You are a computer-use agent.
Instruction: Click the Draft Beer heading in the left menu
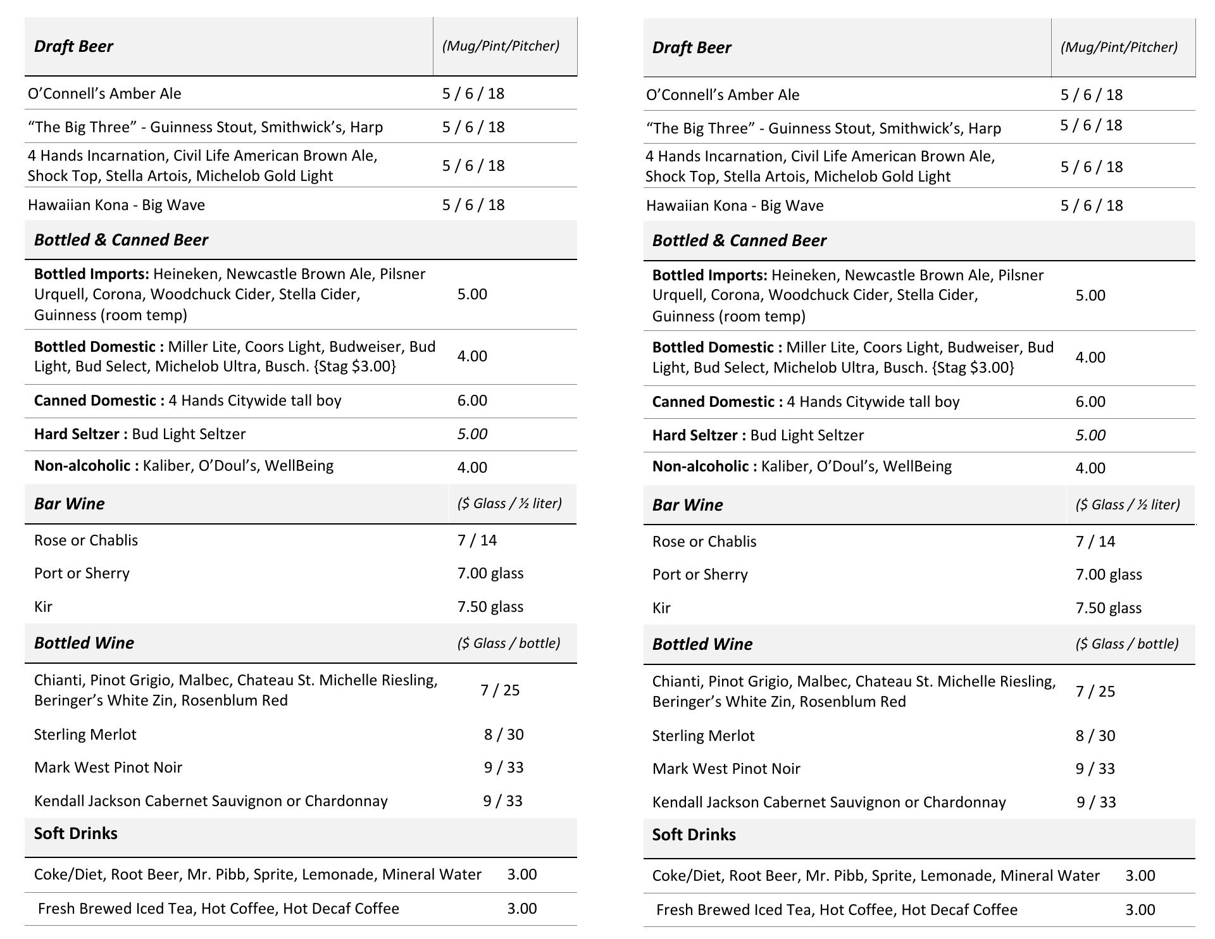pyautogui.click(x=73, y=46)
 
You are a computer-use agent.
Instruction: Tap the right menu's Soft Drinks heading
pyautogui.click(x=694, y=835)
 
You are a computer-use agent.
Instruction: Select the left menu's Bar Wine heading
pyautogui.click(x=69, y=504)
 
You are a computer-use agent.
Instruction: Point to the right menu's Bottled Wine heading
pyautogui.click(x=702, y=644)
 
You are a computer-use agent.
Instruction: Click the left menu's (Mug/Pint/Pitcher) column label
pyautogui.click(x=501, y=46)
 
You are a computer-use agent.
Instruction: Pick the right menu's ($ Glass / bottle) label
pyautogui.click(x=1126, y=644)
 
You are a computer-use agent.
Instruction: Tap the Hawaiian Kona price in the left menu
pyautogui.click(x=473, y=205)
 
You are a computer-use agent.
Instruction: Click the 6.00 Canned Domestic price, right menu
pyautogui.click(x=1090, y=402)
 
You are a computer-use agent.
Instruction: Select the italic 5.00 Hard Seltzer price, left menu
pyautogui.click(x=472, y=434)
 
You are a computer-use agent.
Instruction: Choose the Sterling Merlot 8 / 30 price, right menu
pyautogui.click(x=1095, y=736)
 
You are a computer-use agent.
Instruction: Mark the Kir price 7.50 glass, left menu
pyautogui.click(x=490, y=607)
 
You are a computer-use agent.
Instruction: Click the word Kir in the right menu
pyautogui.click(x=661, y=608)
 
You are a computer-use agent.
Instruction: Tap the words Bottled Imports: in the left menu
pyautogui.click(x=91, y=274)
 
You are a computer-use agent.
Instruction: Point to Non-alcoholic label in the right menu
pyautogui.click(x=704, y=467)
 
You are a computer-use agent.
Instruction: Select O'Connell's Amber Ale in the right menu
pyautogui.click(x=722, y=95)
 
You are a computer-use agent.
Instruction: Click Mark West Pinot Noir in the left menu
pyautogui.click(x=108, y=768)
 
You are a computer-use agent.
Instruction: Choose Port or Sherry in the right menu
pyautogui.click(x=700, y=575)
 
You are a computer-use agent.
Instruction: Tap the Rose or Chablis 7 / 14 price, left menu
pyautogui.click(x=477, y=540)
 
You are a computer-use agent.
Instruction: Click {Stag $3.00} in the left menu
pyautogui.click(x=354, y=366)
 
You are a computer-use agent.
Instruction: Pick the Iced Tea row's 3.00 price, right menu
pyautogui.click(x=1140, y=910)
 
